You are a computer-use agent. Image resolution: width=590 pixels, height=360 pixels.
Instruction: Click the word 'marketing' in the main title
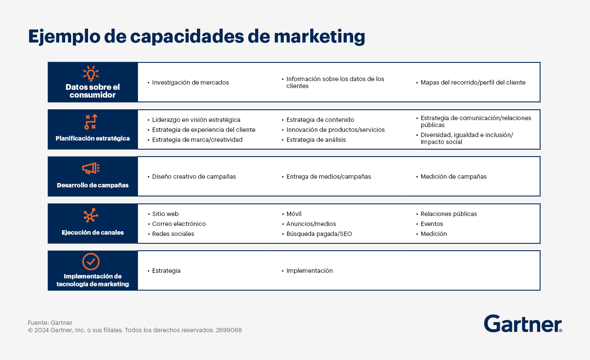319,36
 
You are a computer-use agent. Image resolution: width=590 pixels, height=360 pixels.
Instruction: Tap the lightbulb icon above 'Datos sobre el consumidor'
91,73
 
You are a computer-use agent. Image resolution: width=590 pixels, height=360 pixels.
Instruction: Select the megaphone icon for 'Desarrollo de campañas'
91,168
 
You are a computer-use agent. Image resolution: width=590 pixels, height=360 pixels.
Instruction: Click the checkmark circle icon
91,262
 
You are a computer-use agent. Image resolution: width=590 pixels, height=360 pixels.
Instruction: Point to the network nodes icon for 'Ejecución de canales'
91,216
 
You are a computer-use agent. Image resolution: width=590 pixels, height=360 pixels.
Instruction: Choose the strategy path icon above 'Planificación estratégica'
91,122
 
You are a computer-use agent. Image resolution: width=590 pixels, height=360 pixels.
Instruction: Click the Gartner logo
523,324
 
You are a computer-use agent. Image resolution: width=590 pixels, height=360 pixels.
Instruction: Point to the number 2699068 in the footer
229,330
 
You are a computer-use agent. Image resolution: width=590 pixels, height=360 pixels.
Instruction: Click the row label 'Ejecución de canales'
93,232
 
